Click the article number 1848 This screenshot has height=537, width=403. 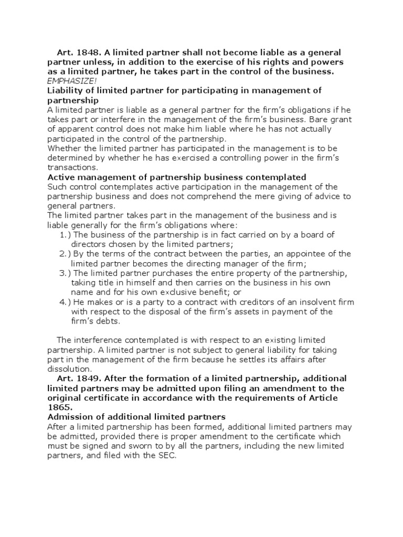(87, 52)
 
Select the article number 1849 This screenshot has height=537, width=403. (87, 379)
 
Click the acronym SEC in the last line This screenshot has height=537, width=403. (169, 456)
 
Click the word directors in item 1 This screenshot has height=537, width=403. (89, 244)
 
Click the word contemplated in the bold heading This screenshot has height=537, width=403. (268, 177)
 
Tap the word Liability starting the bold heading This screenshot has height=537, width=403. (66, 90)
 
